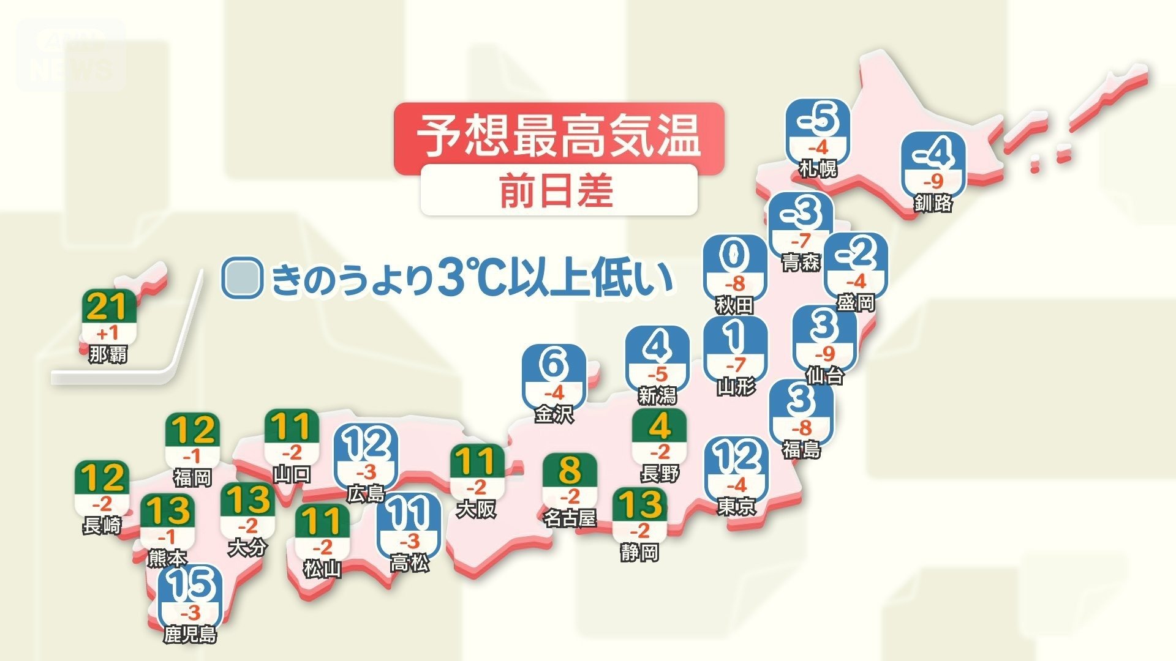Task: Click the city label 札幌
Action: pos(818,168)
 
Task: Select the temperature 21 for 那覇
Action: pos(108,307)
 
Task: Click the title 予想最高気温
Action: pos(558,136)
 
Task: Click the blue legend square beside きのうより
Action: pos(243,278)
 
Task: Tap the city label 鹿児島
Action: pos(190,634)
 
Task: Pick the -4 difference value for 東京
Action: pos(736,485)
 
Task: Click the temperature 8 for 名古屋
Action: pos(569,471)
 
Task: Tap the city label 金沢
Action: pos(554,414)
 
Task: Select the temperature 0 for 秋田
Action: pos(734,256)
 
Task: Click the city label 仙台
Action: pos(824,375)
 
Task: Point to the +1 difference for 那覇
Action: pos(108,334)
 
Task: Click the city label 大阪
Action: pos(476,509)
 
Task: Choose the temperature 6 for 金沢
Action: pos(554,365)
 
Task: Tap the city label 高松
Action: pos(409,563)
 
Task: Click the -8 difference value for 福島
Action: pos(801,428)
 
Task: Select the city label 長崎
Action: pos(102,525)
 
